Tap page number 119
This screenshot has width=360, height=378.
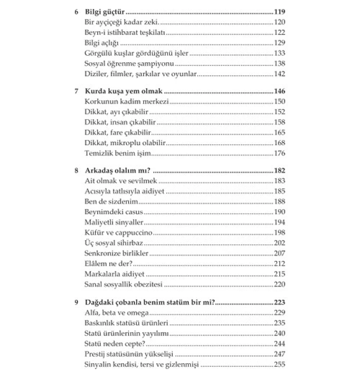(x=279, y=12)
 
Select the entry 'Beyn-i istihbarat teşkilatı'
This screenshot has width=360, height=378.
(x=125, y=33)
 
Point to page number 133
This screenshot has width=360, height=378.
(x=279, y=53)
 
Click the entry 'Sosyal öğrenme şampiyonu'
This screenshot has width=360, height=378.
(x=129, y=64)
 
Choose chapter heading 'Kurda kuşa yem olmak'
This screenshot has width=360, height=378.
(x=124, y=91)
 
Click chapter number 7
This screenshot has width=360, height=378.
(x=76, y=91)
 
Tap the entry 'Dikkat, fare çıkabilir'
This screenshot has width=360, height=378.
(x=118, y=133)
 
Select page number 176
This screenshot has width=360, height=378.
(x=279, y=153)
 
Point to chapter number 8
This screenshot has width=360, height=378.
(x=76, y=171)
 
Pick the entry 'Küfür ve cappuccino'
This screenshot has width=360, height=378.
(x=118, y=233)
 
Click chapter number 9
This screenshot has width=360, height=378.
(x=76, y=302)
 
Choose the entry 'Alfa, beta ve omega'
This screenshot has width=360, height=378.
(x=117, y=313)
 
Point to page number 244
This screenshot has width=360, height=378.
(x=279, y=344)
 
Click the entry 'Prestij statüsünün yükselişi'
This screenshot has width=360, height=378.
(x=129, y=354)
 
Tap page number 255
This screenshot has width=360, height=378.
(x=279, y=365)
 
